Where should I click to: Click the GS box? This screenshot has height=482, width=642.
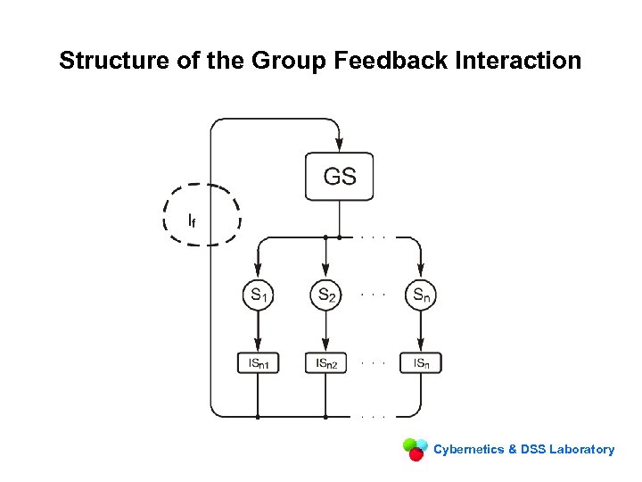pyautogui.click(x=340, y=176)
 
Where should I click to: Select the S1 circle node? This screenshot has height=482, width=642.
pyautogui.click(x=258, y=295)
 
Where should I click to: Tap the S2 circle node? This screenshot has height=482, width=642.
pyautogui.click(x=326, y=295)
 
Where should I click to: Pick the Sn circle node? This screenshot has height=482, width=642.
pyautogui.click(x=421, y=295)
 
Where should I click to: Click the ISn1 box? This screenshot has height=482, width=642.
pyautogui.click(x=258, y=362)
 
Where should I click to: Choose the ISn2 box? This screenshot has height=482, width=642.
pyautogui.click(x=326, y=362)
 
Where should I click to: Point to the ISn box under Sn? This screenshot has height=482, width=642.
pyautogui.click(x=421, y=362)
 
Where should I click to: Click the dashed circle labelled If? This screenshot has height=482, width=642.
pyautogui.click(x=201, y=215)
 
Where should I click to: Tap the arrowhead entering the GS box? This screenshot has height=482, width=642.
pyautogui.click(x=340, y=145)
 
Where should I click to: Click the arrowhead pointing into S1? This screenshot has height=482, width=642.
pyautogui.click(x=258, y=271)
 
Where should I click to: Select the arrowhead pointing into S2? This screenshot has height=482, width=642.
pyautogui.click(x=326, y=271)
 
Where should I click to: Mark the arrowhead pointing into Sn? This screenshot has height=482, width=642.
pyautogui.click(x=421, y=271)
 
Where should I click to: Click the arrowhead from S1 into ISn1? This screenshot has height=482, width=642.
pyautogui.click(x=258, y=346)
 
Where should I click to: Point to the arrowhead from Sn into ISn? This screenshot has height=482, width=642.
pyautogui.click(x=421, y=346)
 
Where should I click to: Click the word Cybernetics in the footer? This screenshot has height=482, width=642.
pyautogui.click(x=468, y=449)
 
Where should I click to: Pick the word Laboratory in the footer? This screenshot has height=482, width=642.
pyautogui.click(x=581, y=449)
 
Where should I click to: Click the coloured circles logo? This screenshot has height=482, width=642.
pyautogui.click(x=415, y=448)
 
